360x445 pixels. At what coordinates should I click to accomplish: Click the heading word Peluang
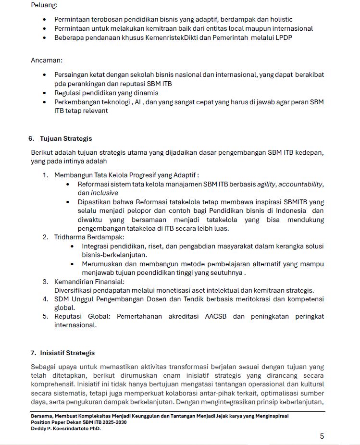[x=44, y=5]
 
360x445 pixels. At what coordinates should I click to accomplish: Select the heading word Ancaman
[x=46, y=61]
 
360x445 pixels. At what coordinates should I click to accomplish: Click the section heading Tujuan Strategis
[x=66, y=139]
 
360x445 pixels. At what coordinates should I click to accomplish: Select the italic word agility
[x=266, y=184]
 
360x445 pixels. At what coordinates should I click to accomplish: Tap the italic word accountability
[x=301, y=184]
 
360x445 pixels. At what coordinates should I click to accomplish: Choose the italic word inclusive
[x=104, y=193]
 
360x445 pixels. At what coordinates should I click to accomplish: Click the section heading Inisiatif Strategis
[x=67, y=353]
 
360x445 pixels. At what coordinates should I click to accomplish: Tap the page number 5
[x=322, y=436]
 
